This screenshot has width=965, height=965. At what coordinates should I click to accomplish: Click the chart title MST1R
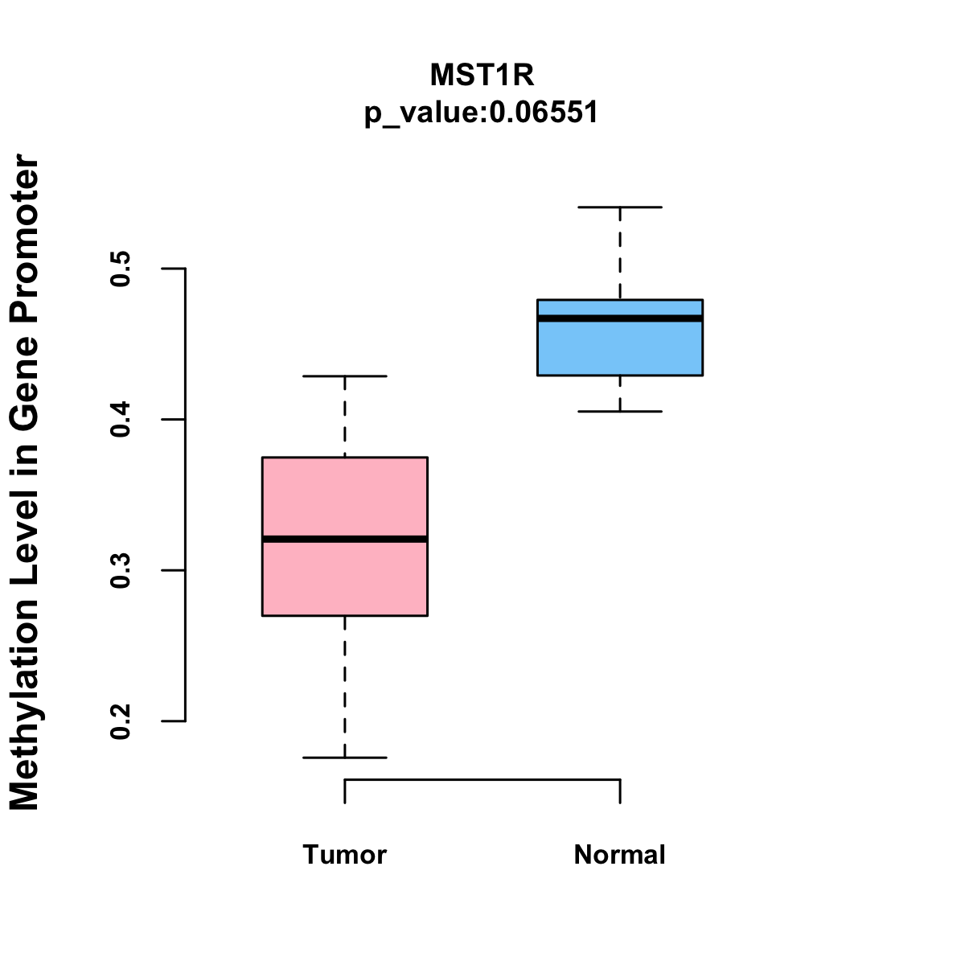pos(482,76)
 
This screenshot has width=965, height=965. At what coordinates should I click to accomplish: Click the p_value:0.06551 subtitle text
pos(482,113)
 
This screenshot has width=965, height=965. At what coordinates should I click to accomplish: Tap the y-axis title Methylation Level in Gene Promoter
pos(25,482)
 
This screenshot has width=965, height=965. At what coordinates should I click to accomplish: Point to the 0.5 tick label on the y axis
pos(121,269)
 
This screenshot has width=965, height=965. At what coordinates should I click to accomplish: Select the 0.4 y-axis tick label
pos(121,420)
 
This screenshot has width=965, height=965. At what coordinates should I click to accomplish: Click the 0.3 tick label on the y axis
pos(121,570)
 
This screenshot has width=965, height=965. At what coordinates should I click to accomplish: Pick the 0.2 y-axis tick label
pos(121,721)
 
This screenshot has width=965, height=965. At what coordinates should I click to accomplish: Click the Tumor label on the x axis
pos(345,855)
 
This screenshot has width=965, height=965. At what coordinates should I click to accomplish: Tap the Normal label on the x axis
pos(620,855)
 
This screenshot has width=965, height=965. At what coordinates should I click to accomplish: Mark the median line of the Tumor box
pos(345,539)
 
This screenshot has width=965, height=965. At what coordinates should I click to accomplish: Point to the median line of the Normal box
pos(620,318)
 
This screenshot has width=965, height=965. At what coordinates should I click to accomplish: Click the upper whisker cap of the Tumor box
pos(345,376)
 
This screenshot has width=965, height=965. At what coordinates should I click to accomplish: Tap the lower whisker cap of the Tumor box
pos(345,758)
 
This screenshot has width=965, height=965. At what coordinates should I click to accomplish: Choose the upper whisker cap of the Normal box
pos(620,207)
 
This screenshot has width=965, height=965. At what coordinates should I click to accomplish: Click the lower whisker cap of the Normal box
pos(620,412)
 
